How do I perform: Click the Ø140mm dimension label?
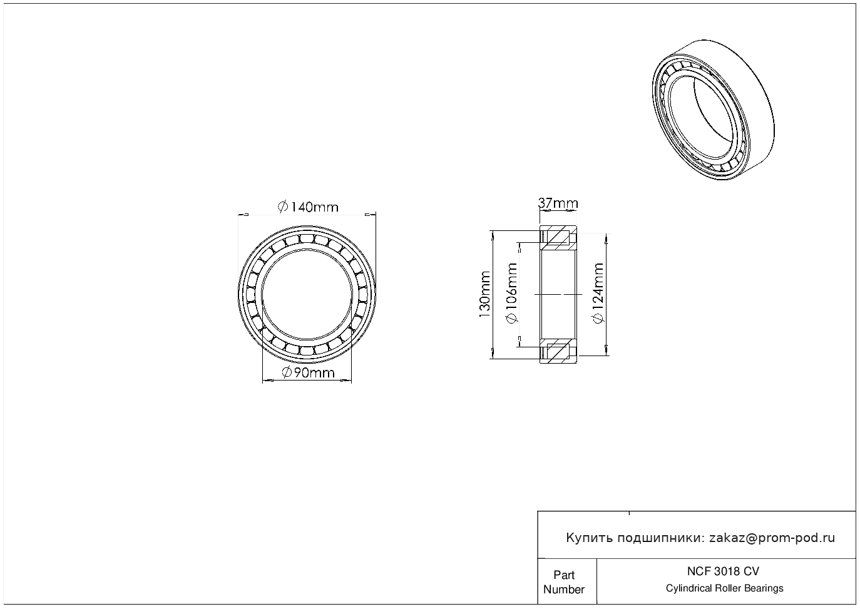308,207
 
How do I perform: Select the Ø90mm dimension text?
309,372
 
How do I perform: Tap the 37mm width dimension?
558,203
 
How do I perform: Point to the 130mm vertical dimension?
485,295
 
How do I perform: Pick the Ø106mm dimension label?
513,293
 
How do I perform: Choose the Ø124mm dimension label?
599,293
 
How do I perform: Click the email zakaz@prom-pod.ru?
772,538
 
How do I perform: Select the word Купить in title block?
590,538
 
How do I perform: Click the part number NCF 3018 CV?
724,571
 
